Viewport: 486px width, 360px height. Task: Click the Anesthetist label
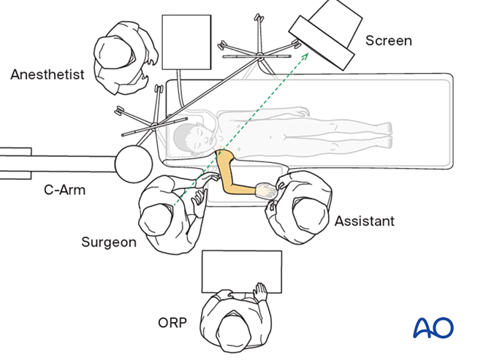pos(48,74)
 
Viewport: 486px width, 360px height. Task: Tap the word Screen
pos(388,41)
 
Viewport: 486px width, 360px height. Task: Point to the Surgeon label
pos(109,242)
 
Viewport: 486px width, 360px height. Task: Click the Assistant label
pos(364,221)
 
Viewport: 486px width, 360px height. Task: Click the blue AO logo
pos(433,326)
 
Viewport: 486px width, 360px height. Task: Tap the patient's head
pos(192,137)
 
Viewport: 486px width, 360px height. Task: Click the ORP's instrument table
pos(241,269)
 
